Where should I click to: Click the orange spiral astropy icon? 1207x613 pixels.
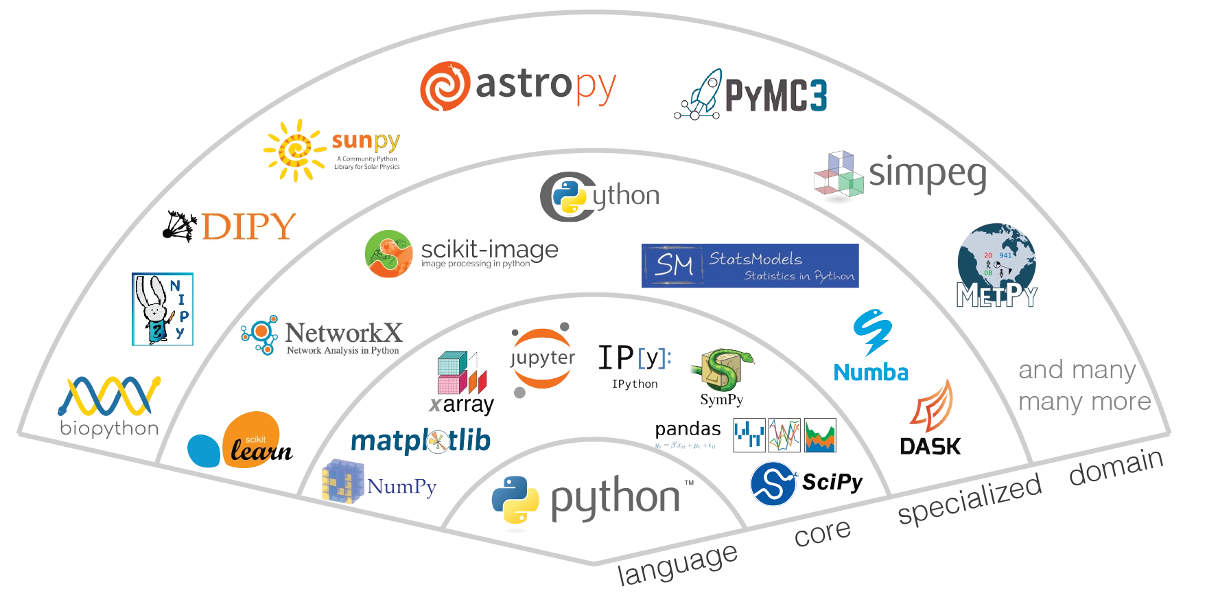click(444, 86)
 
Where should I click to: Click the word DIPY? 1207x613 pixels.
click(248, 227)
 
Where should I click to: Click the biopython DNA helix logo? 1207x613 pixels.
click(110, 396)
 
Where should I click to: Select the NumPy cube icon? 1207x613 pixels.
click(342, 481)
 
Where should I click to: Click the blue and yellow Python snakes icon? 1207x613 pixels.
click(515, 503)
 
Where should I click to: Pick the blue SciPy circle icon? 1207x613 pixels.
click(773, 483)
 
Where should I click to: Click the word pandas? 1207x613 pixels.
click(688, 429)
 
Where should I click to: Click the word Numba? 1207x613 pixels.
click(871, 373)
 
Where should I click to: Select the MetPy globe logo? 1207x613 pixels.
click(996, 266)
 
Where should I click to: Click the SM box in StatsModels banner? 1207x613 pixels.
click(672, 265)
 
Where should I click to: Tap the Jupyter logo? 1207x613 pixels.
click(541, 358)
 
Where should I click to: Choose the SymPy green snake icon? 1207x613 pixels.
click(723, 371)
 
